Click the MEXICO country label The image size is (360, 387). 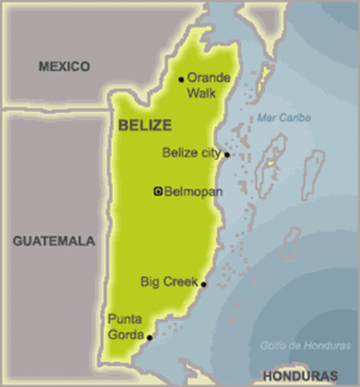click(x=64, y=67)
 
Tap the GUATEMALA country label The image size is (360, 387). click(x=54, y=240)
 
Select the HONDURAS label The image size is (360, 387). click(x=300, y=377)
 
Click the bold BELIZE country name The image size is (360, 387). click(x=145, y=125)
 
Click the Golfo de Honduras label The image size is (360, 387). click(x=305, y=345)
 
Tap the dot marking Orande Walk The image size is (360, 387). click(x=181, y=79)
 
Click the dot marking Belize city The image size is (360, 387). click(x=227, y=154)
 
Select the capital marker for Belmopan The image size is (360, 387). click(x=158, y=191)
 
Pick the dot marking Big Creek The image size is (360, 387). click(x=204, y=284)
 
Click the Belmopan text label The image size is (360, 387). click(x=193, y=192)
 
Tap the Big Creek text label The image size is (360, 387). click(x=169, y=282)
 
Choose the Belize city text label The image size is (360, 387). click(x=192, y=152)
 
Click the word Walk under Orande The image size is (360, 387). click(x=201, y=93)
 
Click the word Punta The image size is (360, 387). click(x=124, y=318)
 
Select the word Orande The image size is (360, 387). click(x=209, y=78)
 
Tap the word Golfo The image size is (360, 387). click(x=274, y=345)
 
